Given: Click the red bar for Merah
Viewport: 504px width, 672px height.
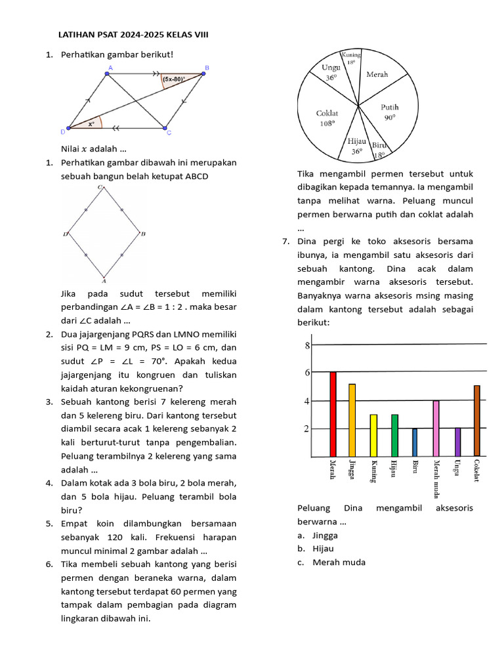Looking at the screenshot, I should pyautogui.click(x=333, y=414).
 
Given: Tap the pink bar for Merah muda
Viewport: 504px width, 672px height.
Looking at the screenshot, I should pyautogui.click(x=436, y=429).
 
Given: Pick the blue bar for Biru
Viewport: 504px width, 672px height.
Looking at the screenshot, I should pyautogui.click(x=415, y=442).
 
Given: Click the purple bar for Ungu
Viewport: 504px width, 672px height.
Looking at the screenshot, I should pyautogui.click(x=457, y=442).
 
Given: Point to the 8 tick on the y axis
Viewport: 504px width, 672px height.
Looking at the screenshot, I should pyautogui.click(x=306, y=345).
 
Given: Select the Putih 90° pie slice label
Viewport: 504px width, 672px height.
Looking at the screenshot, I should pyautogui.click(x=390, y=112).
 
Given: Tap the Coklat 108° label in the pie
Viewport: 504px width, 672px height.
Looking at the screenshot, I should pyautogui.click(x=326, y=117).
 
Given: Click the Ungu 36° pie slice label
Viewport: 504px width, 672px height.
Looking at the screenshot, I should pyautogui.click(x=331, y=72).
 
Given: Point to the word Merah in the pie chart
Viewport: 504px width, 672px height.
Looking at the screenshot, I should pyautogui.click(x=377, y=75).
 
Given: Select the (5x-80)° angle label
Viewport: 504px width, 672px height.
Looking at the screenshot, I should pyautogui.click(x=174, y=79).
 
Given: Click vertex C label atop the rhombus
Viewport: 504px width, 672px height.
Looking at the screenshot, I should pyautogui.click(x=100, y=188).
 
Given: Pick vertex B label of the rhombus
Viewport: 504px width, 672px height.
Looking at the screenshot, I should pyautogui.click(x=143, y=234).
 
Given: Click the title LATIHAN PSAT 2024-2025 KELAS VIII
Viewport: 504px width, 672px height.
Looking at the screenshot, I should pyautogui.click(x=134, y=34).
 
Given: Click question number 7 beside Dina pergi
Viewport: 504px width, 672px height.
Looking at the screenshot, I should pyautogui.click(x=286, y=241).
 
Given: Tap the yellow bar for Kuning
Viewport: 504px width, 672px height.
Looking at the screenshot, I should pyautogui.click(x=373, y=436).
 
